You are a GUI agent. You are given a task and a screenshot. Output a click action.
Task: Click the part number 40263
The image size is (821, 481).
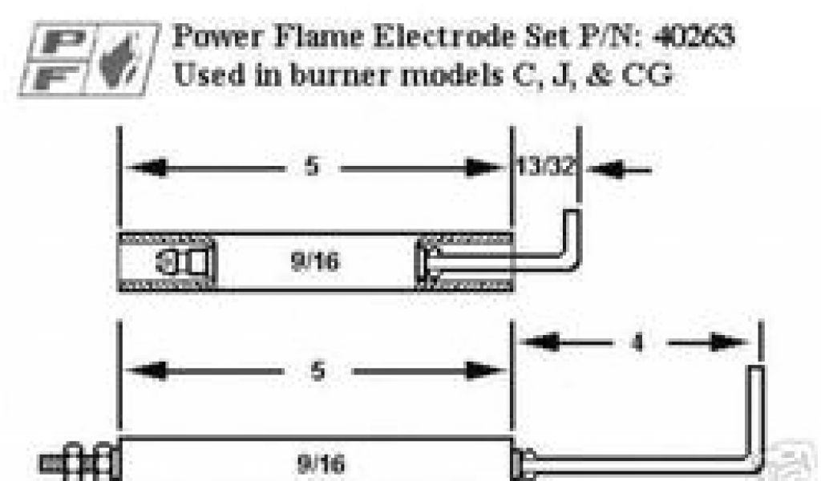point(692,36)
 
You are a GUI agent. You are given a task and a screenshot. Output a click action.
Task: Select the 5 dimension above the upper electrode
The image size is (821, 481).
point(312,168)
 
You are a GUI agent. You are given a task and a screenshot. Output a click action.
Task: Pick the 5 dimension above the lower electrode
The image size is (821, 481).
point(317,372)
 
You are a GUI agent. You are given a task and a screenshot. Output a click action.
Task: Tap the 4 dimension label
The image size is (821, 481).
point(637,343)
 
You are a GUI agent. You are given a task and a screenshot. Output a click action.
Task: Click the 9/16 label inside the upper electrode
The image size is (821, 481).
point(314,262)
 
